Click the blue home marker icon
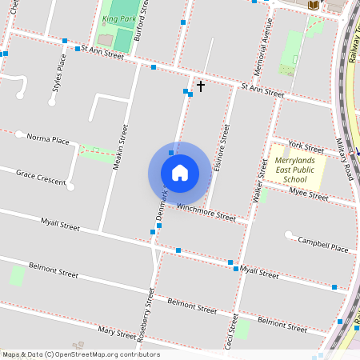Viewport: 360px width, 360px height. [x=180, y=173]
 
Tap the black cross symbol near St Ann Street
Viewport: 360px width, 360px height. [x=200, y=86]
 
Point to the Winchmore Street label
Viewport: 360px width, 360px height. [x=206, y=212]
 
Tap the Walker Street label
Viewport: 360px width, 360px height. [x=259, y=180]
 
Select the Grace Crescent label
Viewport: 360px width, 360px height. [x=40, y=177]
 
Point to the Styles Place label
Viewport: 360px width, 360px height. [x=58, y=74]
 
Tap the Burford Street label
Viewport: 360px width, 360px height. [x=142, y=20]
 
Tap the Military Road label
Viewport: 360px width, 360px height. [x=344, y=160]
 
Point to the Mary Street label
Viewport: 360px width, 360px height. [x=117, y=332]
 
